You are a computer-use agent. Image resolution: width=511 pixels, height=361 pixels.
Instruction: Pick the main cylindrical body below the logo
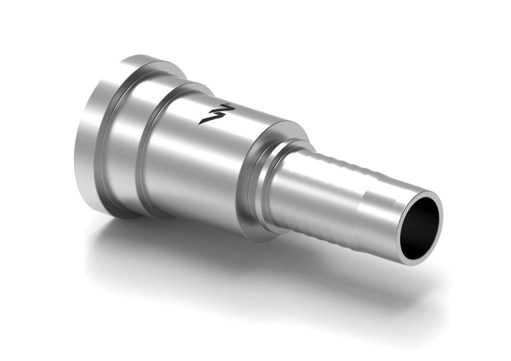tap(200, 165)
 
